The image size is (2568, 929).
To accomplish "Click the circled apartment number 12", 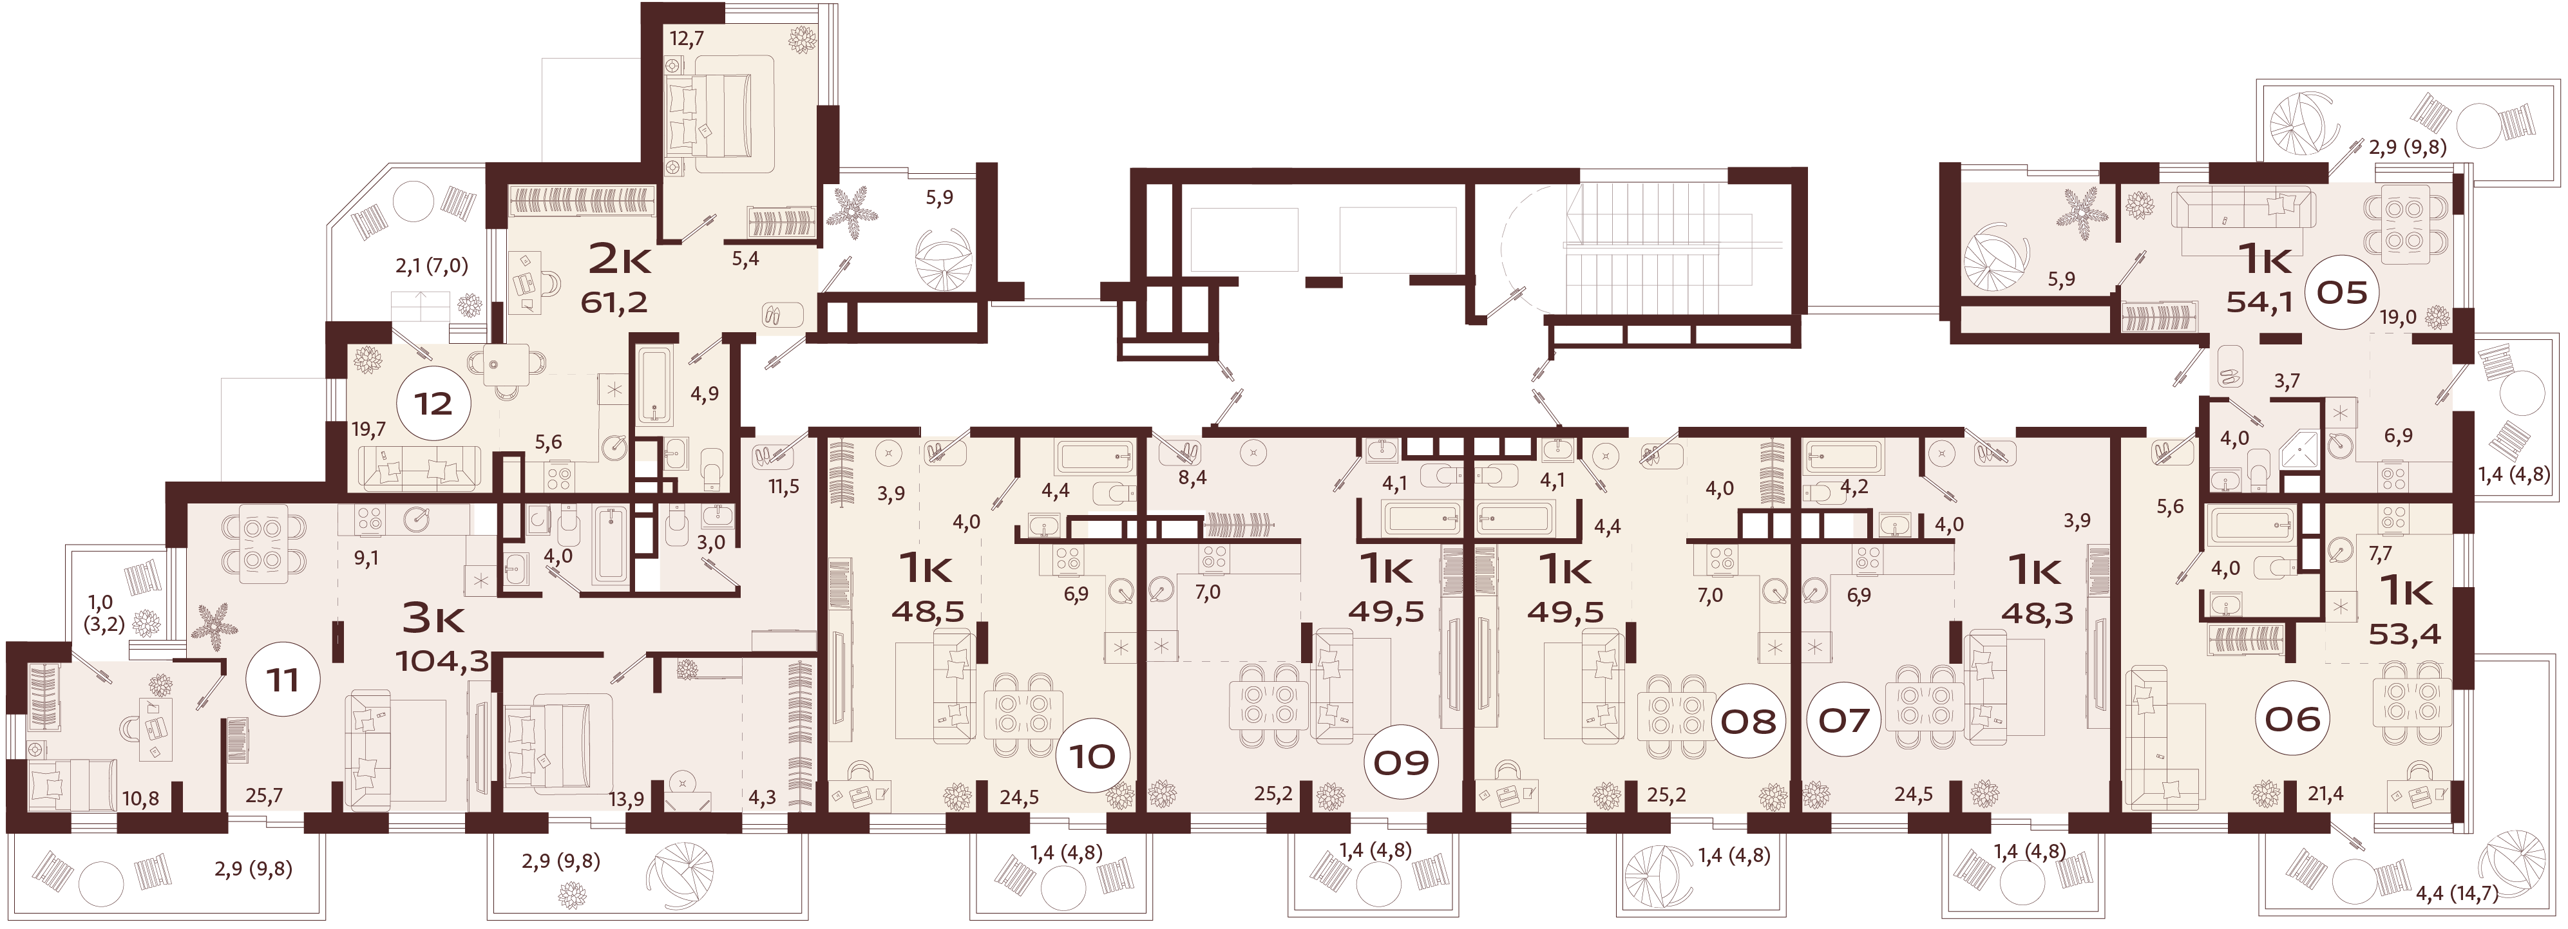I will coord(433,404).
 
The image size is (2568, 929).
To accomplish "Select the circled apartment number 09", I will coord(1401,762).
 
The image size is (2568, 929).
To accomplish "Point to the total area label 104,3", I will coord(442,660).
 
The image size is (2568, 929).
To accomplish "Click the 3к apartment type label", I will coord(432,618).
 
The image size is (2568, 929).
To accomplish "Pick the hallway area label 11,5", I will coord(784,487).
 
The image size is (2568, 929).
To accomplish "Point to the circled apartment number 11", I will coord(282,680).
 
